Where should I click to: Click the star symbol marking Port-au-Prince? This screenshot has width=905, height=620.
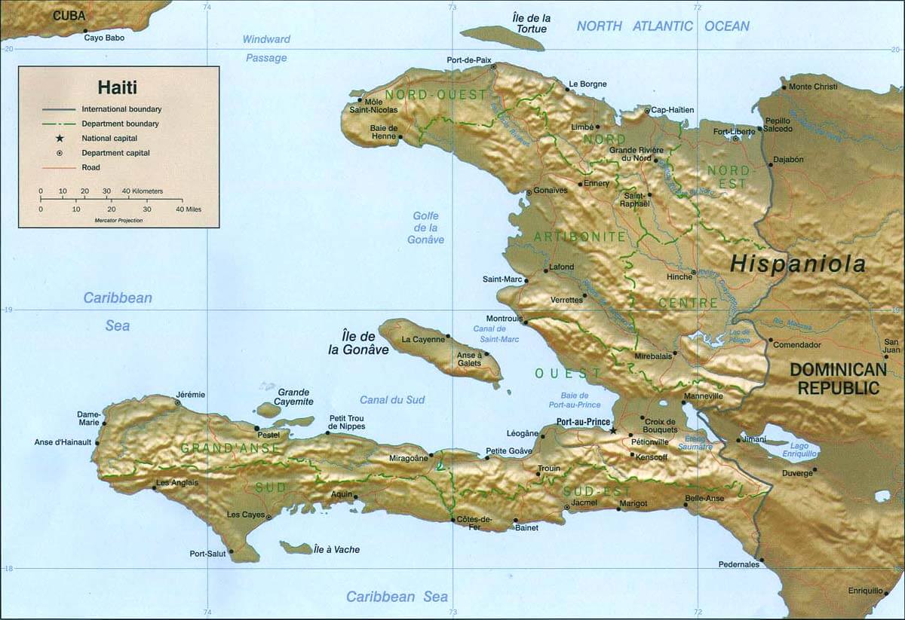coord(612,430)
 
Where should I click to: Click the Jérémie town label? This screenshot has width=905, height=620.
coord(190,394)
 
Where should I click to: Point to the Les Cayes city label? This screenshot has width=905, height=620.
coord(246,515)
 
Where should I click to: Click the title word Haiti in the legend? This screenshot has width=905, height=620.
coord(118,87)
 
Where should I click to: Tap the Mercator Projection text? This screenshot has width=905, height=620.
coord(118,220)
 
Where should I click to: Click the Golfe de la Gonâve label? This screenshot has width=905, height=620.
coord(425,228)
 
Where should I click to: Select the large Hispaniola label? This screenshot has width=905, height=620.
coord(798,264)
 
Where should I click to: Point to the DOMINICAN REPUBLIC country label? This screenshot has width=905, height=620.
coord(838,379)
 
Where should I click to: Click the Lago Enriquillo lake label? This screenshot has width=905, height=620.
coord(800,450)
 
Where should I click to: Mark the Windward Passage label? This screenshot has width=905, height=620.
coord(266,48)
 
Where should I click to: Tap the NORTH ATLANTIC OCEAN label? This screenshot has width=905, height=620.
coord(663,26)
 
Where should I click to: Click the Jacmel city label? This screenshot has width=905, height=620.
coord(584,502)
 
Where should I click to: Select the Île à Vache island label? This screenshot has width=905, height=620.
coord(336,550)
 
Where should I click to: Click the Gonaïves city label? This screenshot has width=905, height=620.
coord(550,191)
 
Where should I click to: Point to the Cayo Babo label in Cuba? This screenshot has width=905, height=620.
coord(104,38)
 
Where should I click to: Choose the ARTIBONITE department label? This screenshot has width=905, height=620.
coord(579,237)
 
